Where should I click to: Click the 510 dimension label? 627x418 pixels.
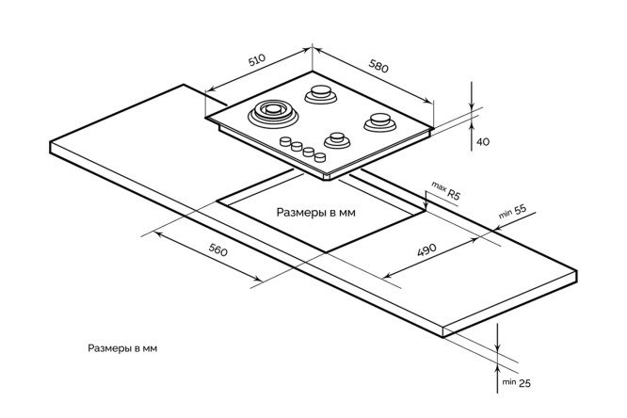257,59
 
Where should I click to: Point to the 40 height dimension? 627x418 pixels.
483,141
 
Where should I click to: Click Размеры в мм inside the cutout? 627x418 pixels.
316,213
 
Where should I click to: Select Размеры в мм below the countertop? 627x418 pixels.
121,348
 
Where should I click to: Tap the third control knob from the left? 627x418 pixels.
308,151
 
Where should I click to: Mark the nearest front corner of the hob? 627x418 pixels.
324,177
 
